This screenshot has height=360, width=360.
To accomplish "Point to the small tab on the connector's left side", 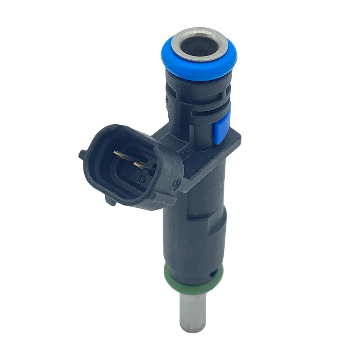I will tap(82, 155).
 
